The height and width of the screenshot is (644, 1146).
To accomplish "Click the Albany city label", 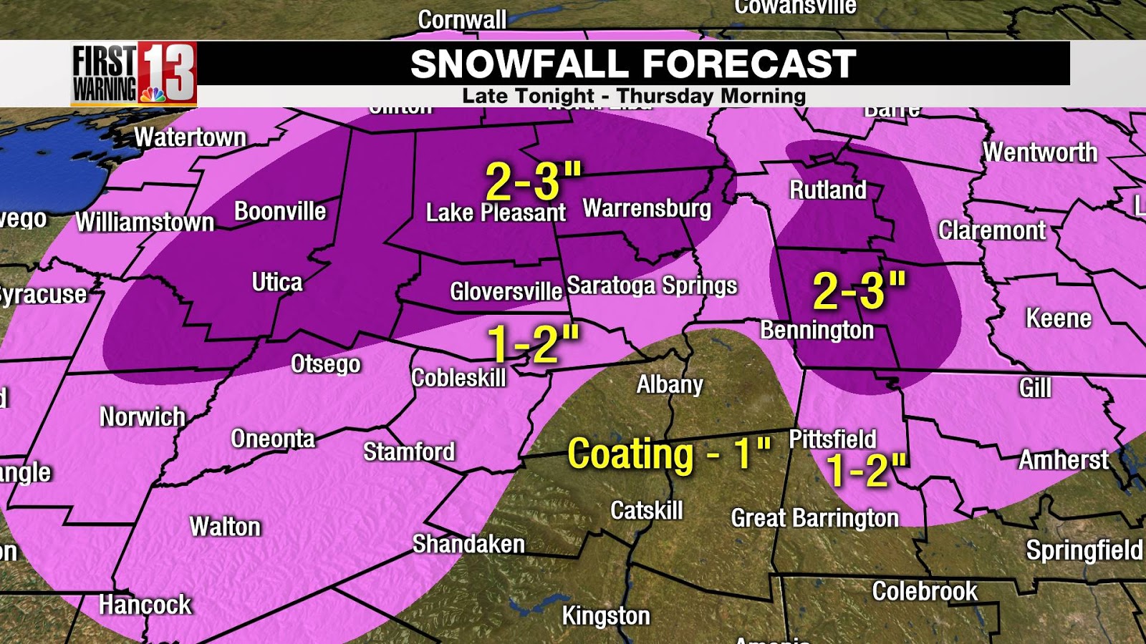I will tap(670, 385).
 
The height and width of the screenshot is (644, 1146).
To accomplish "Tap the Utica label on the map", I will tap(277, 283).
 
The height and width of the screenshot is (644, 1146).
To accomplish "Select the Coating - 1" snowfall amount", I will tap(668, 454).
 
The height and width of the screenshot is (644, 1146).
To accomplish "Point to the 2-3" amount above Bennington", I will tap(859, 291).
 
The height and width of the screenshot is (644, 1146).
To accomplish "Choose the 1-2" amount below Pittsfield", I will tap(866, 471).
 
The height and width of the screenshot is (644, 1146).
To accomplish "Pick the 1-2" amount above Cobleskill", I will tap(533, 343).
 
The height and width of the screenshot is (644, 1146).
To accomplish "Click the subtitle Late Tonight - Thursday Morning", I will tap(634, 96).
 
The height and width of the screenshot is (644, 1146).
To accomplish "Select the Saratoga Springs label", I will tap(652, 286).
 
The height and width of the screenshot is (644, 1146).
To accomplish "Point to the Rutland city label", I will tap(827, 190).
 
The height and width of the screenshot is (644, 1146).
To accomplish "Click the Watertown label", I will tap(190, 137).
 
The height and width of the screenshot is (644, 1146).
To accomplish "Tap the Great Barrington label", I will tap(814, 518).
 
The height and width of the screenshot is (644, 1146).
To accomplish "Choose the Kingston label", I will tap(606, 615).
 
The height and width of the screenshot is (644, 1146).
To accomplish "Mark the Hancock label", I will tap(145, 605).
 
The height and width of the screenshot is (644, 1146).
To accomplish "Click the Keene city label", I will tap(1058, 318).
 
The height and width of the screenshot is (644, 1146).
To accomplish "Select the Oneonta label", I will tap(273, 439).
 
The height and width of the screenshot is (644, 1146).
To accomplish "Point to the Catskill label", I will tap(646, 511).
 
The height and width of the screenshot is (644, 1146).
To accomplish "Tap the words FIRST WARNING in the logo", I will tap(105, 74).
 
